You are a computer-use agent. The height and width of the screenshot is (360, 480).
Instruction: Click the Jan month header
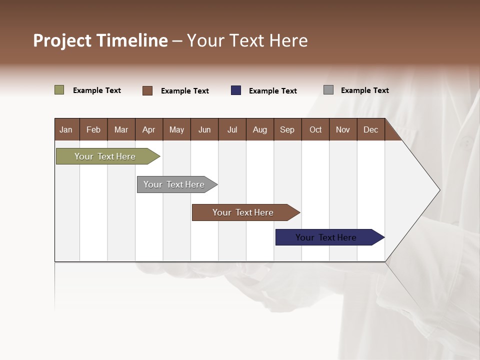tap(66, 129)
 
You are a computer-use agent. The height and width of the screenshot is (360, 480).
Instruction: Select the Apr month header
tap(148, 129)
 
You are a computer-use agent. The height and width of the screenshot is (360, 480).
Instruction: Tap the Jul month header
tap(232, 129)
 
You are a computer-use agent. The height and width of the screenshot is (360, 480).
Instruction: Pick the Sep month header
tap(287, 129)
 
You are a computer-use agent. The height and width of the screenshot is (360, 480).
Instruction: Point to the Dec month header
tap(370, 129)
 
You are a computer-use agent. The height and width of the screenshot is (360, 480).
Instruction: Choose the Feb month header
tap(93, 129)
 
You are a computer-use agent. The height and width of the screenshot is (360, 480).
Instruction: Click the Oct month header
tap(315, 129)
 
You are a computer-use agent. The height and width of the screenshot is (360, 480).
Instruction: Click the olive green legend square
tap(59, 90)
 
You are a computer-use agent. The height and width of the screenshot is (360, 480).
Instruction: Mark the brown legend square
tap(147, 90)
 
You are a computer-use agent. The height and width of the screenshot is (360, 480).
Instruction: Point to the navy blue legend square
tap(236, 90)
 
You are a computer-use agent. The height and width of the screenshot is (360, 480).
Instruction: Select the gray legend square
tap(328, 90)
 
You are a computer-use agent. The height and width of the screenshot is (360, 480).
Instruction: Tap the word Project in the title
tap(62, 40)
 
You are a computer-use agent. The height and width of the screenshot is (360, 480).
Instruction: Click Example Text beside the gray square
tap(364, 90)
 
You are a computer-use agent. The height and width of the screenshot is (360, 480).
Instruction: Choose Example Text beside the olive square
tap(97, 90)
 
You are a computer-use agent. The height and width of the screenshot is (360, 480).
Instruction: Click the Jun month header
tap(204, 129)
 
